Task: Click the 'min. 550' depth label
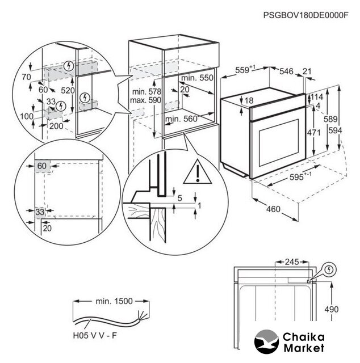click(198, 77)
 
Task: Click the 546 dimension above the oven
click(287, 71)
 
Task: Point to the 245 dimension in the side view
click(291, 262)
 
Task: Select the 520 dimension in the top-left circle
click(68, 90)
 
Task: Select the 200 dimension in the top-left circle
click(56, 126)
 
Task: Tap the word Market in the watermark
click(305, 347)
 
